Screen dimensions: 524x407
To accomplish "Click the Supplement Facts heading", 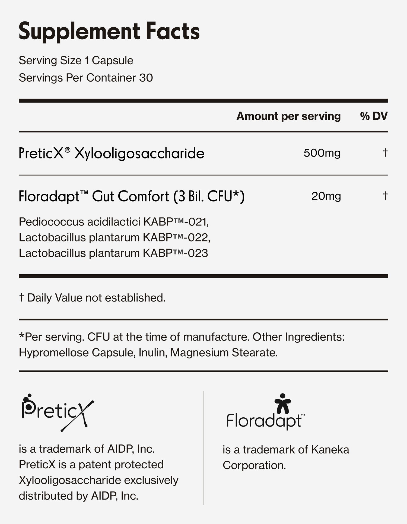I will tap(109, 31).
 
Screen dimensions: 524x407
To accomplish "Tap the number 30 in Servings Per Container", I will tap(146, 78).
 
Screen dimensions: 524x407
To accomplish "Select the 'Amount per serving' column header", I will tap(288, 116).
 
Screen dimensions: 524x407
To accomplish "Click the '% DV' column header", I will tap(374, 116).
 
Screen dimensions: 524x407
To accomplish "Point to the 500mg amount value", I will tap(322, 153).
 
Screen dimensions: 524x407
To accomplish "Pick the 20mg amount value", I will tap(326, 196).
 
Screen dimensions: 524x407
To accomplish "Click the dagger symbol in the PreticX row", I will tap(385, 153).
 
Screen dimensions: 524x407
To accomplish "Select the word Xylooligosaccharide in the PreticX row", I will tap(139, 154).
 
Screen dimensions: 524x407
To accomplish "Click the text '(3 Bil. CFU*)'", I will tap(209, 196).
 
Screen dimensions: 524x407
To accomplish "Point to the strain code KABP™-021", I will tap(176, 222).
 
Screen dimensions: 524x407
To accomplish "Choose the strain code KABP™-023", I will tap(175, 253).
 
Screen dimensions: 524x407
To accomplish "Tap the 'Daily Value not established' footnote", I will tap(92, 298).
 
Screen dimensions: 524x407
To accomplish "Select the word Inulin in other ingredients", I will tap(152, 353).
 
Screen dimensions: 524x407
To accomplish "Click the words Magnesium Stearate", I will tap(224, 353).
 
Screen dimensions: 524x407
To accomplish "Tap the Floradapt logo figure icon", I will tap(282, 404).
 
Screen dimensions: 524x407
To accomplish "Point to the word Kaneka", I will tap(330, 450).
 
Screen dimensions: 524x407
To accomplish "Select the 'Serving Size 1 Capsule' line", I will tap(76, 61).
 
